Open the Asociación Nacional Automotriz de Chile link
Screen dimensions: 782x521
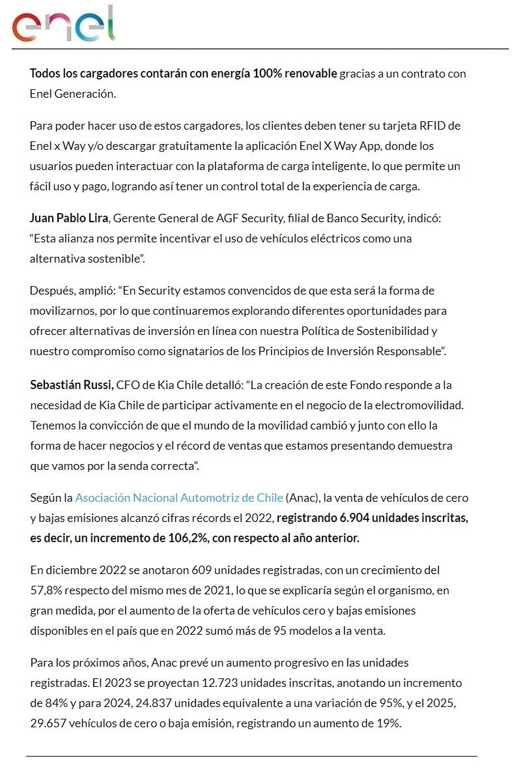[179, 498]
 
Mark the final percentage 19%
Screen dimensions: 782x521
[387, 723]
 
